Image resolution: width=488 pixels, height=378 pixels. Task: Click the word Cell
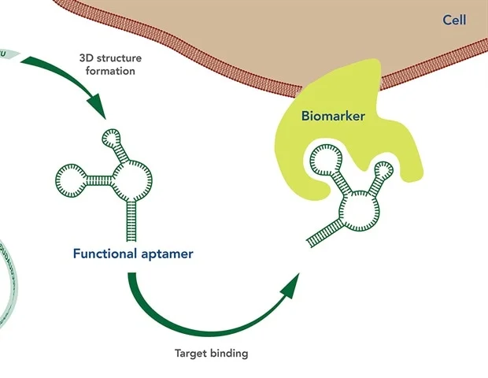coord(454,20)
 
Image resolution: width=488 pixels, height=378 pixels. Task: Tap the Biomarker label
coord(333,117)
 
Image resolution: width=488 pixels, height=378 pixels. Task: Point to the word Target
coord(191,354)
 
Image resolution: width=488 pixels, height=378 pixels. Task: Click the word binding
coord(230,354)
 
